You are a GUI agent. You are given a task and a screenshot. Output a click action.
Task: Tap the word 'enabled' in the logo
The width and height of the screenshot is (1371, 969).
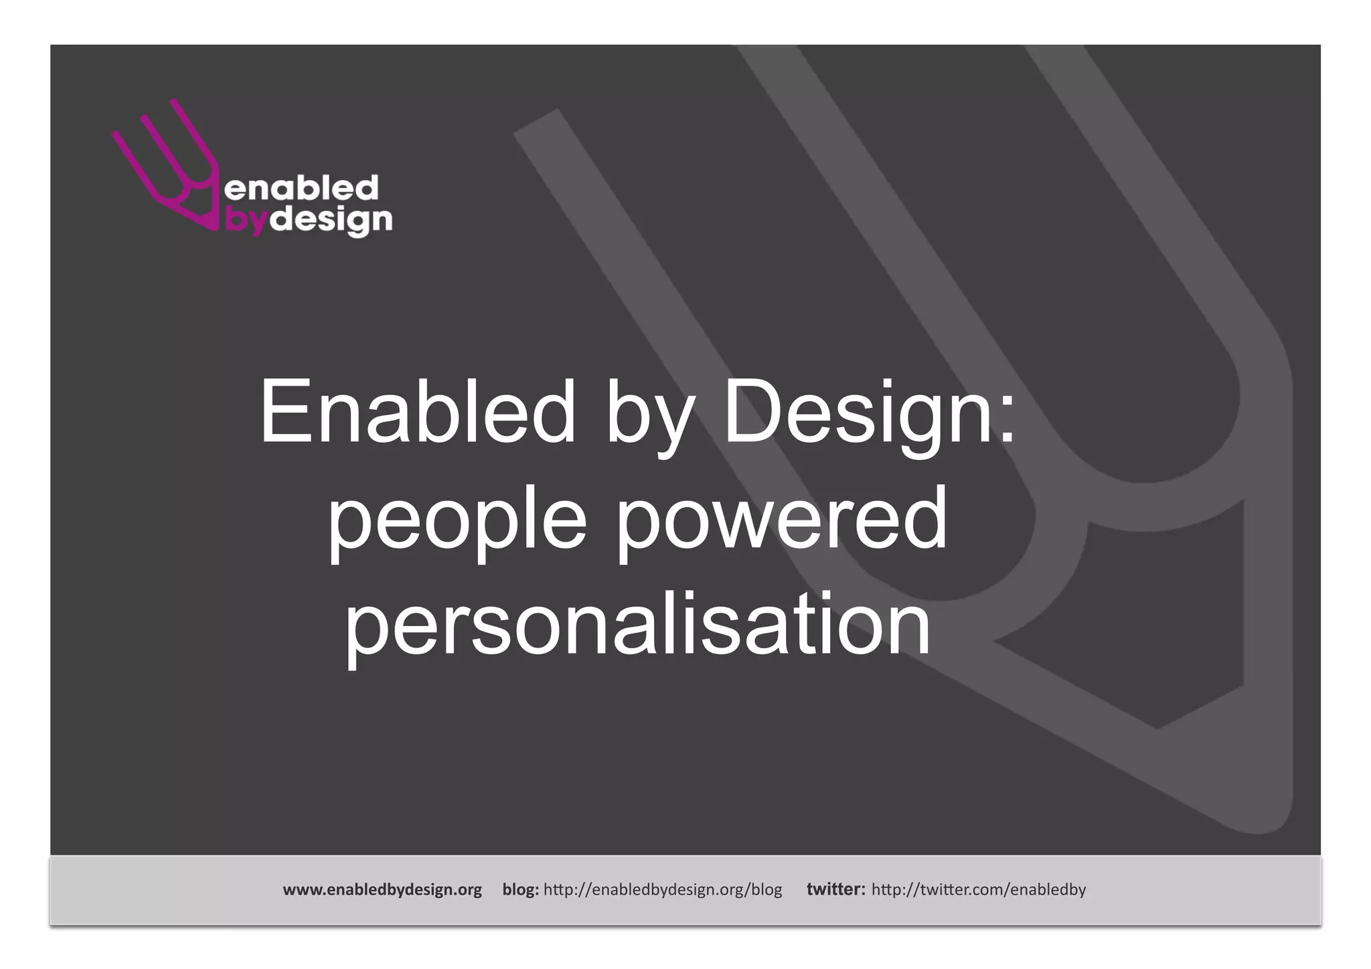[x=301, y=188]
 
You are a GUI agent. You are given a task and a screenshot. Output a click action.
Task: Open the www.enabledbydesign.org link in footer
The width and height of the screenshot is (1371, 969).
[x=382, y=890]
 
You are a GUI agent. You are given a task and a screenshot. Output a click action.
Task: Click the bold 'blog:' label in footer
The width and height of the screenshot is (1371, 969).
[x=520, y=890]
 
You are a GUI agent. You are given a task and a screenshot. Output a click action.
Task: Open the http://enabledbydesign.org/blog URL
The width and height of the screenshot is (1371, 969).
[x=663, y=890]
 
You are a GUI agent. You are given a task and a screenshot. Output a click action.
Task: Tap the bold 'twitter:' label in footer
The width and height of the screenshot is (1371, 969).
[x=835, y=890]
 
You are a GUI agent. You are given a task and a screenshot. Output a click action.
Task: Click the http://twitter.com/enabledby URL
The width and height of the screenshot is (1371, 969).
[x=979, y=890]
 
